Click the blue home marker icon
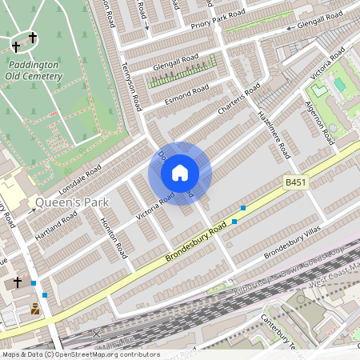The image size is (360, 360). [x=180, y=173]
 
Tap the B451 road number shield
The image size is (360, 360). [x=296, y=184]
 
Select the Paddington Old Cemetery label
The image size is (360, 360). [x=36, y=70]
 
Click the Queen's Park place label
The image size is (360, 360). [x=72, y=202]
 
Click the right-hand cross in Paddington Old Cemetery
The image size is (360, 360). [x=33, y=38]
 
